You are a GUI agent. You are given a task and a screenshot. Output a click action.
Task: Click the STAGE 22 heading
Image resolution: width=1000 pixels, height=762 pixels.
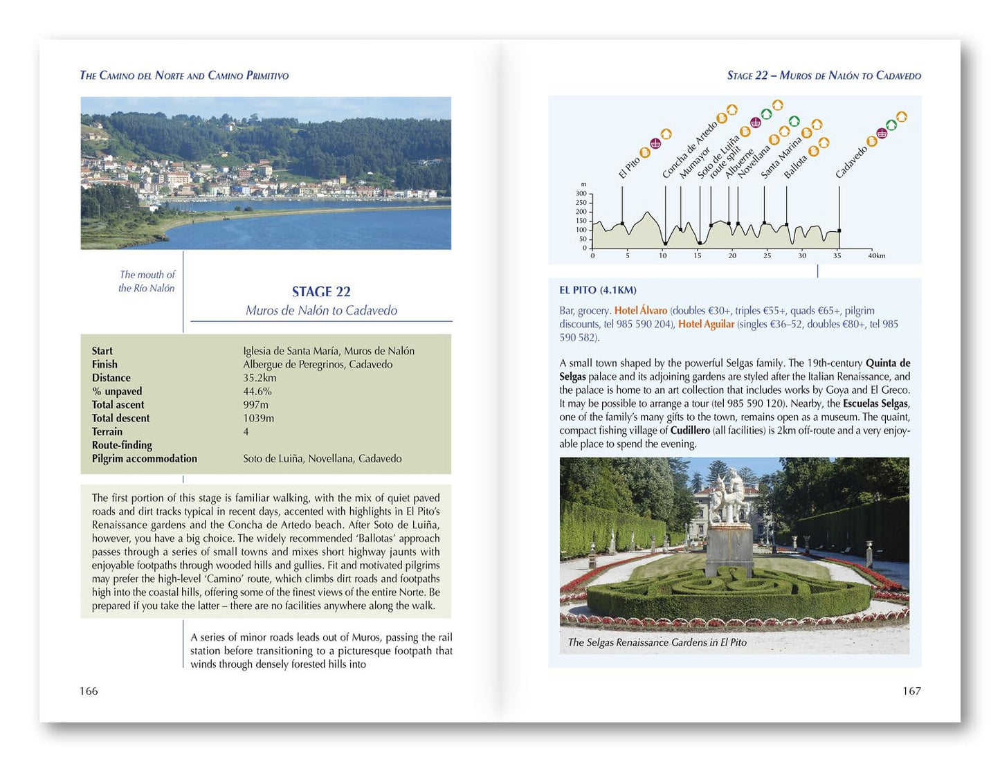click(321, 291)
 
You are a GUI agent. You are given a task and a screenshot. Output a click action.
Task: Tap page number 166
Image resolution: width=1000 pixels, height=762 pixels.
click(89, 691)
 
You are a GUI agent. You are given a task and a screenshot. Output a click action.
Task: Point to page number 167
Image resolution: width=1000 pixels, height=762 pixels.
click(911, 691)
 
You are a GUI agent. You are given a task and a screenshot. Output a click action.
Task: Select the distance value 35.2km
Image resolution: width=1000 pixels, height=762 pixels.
click(260, 378)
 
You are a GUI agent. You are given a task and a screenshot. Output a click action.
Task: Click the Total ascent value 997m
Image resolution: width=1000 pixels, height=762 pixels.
click(255, 405)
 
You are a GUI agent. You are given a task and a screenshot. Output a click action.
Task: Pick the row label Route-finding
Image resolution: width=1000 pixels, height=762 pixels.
click(122, 445)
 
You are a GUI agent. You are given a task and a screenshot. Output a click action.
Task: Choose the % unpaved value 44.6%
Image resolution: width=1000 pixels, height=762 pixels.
click(257, 391)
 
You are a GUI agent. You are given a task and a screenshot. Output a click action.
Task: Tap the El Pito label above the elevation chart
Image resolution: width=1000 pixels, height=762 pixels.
click(629, 167)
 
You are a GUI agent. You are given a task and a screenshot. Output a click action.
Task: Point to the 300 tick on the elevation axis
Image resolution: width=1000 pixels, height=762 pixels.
click(581, 194)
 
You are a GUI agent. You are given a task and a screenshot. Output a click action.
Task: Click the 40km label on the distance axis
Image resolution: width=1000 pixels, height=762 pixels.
click(876, 255)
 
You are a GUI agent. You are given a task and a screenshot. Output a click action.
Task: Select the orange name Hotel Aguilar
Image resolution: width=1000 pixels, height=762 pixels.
click(706, 324)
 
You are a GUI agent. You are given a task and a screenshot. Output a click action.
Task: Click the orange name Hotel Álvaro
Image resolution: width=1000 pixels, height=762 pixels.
click(641, 311)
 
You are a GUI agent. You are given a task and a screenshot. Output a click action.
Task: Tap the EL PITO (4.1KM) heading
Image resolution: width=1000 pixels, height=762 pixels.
click(598, 290)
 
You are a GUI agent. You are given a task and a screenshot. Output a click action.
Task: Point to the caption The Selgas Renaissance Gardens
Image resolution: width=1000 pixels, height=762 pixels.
click(657, 642)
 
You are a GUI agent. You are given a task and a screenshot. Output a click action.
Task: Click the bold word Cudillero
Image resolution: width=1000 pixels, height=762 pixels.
click(690, 430)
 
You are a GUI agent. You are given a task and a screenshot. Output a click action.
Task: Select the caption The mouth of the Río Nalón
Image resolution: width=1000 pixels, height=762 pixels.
click(147, 282)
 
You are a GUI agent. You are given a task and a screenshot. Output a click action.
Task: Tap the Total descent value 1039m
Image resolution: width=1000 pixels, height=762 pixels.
click(258, 418)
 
